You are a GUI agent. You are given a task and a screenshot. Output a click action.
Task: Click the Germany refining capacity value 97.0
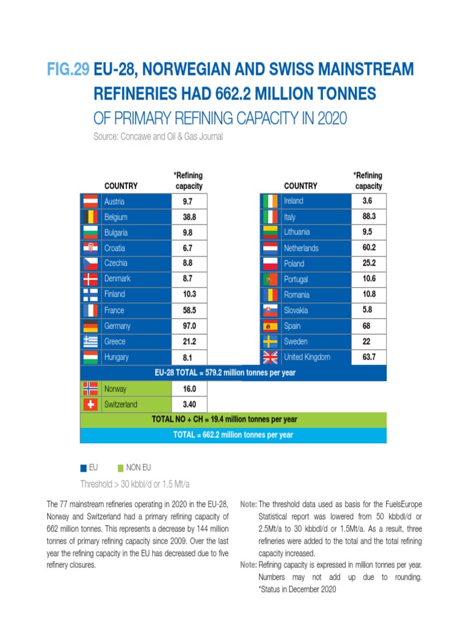coord(189,326)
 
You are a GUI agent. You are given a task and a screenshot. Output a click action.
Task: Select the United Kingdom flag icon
coord(270,357)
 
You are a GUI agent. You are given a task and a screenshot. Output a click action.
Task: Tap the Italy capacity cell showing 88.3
coord(368,217)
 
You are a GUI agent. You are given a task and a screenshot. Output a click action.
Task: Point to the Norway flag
coord(90,388)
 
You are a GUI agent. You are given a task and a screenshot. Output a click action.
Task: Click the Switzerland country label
coord(120,404)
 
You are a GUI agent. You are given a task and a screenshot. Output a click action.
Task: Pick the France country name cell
coord(114,310)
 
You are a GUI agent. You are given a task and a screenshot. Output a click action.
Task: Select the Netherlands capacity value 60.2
coord(368,248)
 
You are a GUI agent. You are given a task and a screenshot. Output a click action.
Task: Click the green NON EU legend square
coord(120,468)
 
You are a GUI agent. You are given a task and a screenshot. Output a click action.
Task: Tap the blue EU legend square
coord(84,468)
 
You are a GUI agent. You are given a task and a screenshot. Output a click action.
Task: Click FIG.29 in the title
coord(68,70)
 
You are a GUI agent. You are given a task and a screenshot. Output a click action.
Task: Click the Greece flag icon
coord(90,342)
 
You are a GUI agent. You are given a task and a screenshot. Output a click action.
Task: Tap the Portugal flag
coord(270,279)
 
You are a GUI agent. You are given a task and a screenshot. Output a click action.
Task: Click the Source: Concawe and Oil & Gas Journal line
coord(158,137)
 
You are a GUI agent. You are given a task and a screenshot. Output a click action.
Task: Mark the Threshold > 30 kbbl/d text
coord(136,483)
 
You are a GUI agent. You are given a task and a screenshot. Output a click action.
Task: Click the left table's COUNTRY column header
coord(121,186)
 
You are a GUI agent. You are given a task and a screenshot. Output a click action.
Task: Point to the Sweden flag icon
coord(270,341)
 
